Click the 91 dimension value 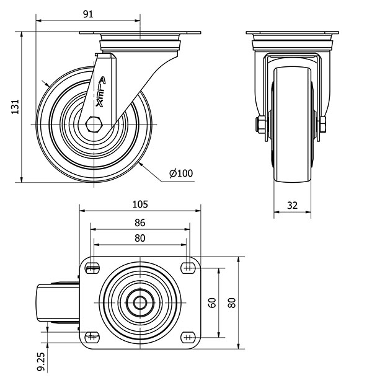[x=88, y=14]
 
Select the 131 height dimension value [x=15, y=107]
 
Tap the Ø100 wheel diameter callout [x=181, y=173]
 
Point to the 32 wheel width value [x=292, y=205]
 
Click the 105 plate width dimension [x=140, y=204]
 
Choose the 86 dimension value [x=140, y=222]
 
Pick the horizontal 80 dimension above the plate [x=140, y=238]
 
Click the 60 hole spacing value [x=212, y=303]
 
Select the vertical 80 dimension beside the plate [x=232, y=303]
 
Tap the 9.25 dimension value [x=41, y=361]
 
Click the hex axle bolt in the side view [x=94, y=125]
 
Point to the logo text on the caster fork [x=100, y=92]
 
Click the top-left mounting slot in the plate [x=92, y=268]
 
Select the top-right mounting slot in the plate [x=188, y=268]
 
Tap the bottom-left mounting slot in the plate [x=92, y=336]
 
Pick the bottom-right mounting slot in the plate [x=188, y=336]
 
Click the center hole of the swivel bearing [x=140, y=303]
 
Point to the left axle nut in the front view [x=260, y=125]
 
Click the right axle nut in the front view [x=322, y=125]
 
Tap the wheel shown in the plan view [x=58, y=303]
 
